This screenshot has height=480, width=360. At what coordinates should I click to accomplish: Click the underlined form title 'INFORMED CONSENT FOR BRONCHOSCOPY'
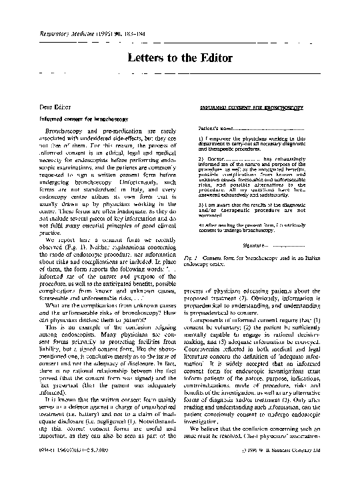(x=252, y=107)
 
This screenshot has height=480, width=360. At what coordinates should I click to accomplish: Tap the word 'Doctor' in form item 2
(x=217, y=159)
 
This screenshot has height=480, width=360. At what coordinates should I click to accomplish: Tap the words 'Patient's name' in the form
(x=217, y=127)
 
